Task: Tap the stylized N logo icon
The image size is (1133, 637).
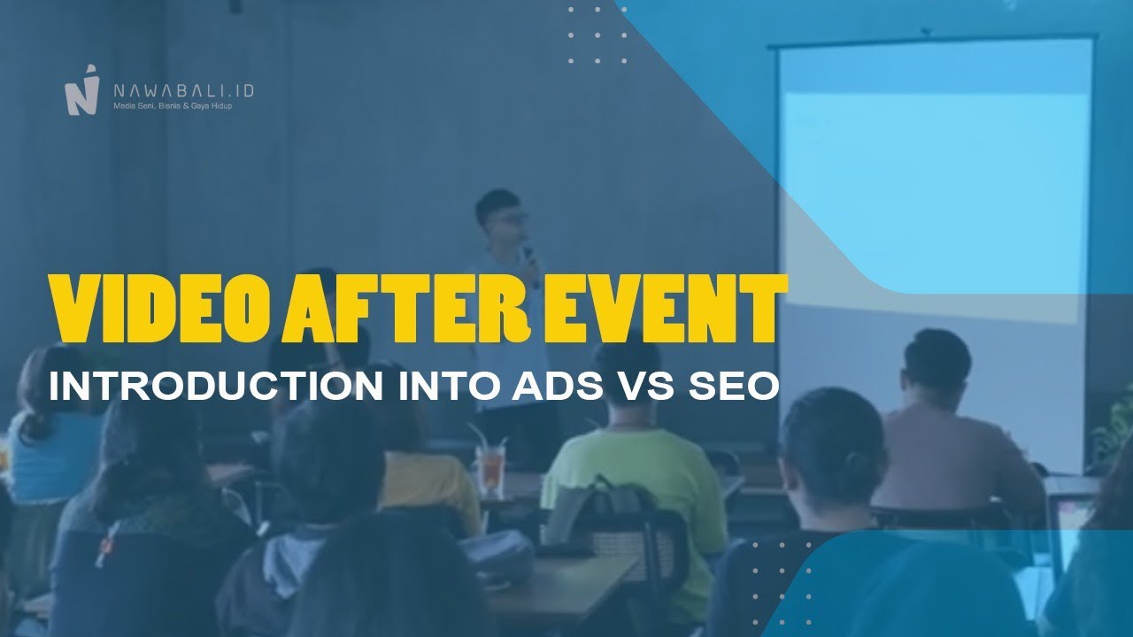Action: pos(81,91)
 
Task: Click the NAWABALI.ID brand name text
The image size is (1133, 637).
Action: pos(183,89)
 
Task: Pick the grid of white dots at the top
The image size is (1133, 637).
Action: pos(597,35)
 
